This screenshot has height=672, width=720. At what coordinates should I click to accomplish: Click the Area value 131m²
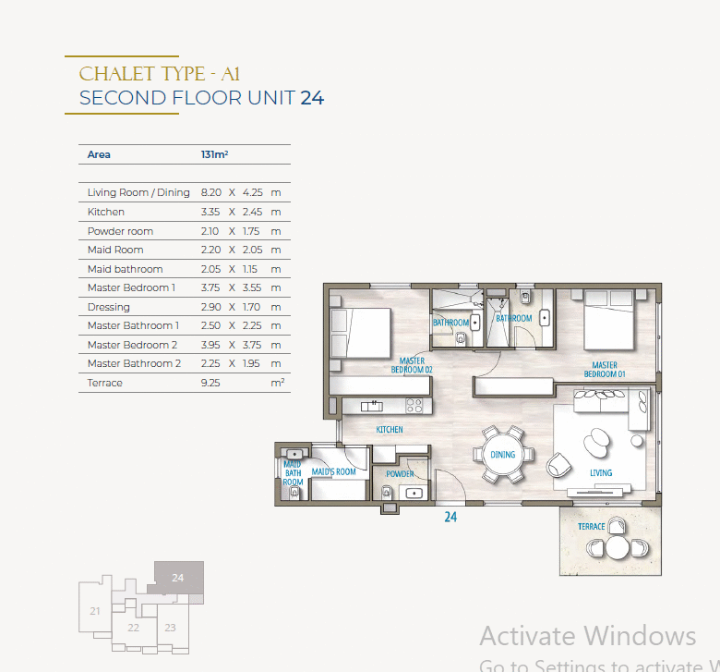[214, 154]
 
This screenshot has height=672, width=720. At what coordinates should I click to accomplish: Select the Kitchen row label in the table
[106, 212]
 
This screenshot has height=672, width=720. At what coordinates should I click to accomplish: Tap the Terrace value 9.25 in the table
[210, 383]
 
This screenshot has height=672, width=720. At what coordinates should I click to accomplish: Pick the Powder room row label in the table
[120, 231]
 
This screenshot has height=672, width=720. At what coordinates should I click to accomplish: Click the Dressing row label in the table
[109, 307]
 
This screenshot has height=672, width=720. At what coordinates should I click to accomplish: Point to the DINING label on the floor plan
[503, 455]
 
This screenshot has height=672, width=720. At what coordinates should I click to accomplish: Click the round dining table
[503, 455]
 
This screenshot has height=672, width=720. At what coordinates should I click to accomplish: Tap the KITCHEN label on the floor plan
[390, 430]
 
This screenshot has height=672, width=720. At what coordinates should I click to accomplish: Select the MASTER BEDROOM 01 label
[605, 370]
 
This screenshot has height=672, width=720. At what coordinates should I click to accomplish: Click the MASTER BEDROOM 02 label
[412, 365]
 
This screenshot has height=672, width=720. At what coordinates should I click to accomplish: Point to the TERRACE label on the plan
[592, 526]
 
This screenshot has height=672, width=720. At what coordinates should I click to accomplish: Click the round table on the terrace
[618, 548]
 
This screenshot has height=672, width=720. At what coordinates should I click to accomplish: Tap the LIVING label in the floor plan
[601, 473]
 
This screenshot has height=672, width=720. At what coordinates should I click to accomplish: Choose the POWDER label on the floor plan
[400, 474]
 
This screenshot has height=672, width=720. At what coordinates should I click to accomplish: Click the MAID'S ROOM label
[334, 471]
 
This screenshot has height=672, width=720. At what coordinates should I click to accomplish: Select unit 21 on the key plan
[95, 611]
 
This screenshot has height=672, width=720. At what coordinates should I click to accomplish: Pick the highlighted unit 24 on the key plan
[178, 578]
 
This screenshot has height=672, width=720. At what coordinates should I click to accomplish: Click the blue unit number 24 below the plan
[450, 517]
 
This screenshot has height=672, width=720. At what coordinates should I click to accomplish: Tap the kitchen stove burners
[414, 406]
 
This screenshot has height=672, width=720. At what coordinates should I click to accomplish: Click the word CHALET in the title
[117, 74]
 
